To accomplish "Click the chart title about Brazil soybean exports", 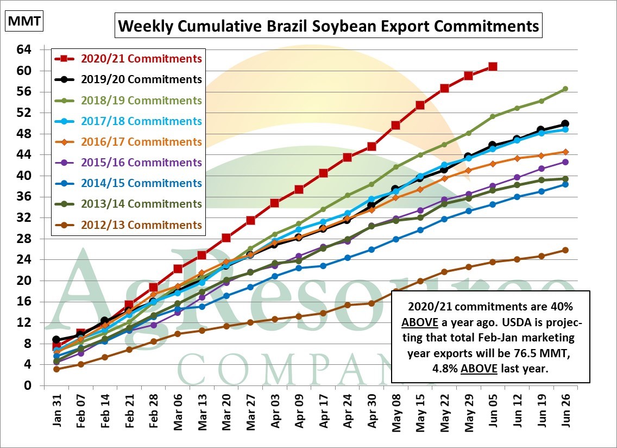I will [x=329, y=26].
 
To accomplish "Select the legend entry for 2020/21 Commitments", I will [x=141, y=59].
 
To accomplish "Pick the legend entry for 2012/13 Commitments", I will [x=141, y=225].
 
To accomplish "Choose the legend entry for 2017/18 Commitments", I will [x=141, y=121].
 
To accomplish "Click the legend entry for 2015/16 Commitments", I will [x=141, y=163].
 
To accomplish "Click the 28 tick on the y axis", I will [x=24, y=239].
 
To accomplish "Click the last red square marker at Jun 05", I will [x=492, y=66].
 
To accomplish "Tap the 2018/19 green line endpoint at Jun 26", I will [x=565, y=89].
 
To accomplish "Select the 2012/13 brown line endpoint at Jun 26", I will [x=565, y=250].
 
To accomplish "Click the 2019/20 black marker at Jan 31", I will [x=56, y=340].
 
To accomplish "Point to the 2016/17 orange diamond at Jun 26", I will [x=565, y=152].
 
